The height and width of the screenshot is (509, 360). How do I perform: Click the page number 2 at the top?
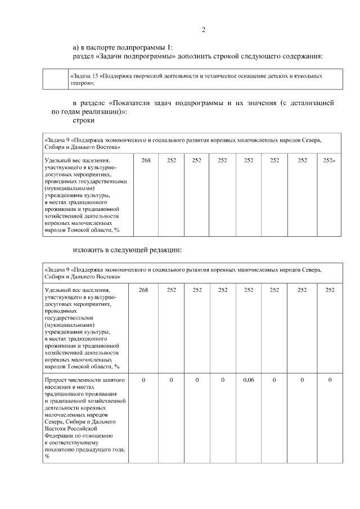203,30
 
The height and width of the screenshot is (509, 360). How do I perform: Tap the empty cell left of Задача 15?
55,79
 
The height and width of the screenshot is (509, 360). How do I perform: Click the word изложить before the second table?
88,250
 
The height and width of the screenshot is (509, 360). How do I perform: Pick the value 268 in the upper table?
146,160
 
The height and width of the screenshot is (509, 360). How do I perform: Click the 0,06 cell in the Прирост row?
249,381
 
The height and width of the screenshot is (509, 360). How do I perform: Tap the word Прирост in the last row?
56,381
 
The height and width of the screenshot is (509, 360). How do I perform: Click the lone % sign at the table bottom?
47,456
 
